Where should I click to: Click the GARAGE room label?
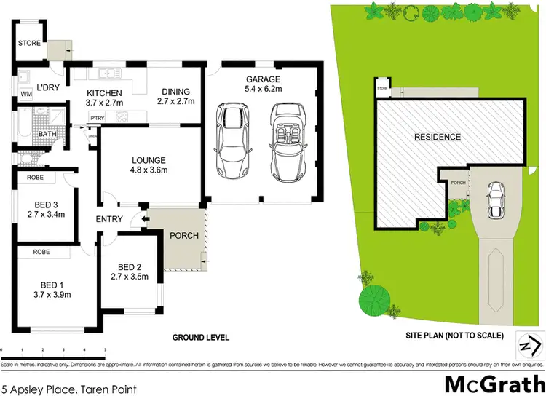[262, 80]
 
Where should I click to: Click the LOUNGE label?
[149, 160]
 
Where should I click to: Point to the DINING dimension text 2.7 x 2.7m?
[177, 102]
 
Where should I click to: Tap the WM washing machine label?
[26, 94]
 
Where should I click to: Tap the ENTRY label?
[110, 220]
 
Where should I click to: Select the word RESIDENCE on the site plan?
[438, 137]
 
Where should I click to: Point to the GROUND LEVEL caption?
[200, 338]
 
